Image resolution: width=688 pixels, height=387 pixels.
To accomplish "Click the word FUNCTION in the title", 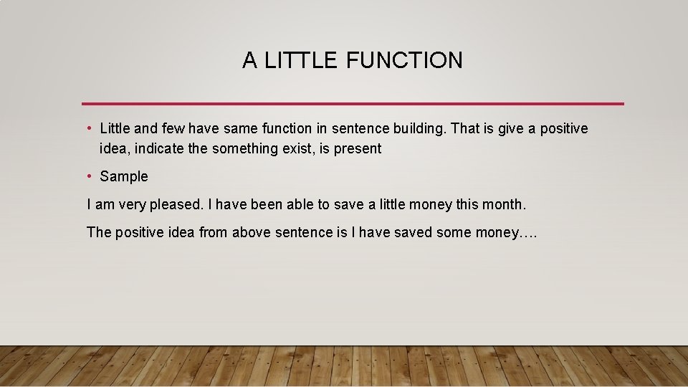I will [404, 60].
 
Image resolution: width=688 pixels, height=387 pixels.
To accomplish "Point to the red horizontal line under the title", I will [353, 104].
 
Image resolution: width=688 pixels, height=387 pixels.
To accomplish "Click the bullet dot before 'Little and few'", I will [89, 128].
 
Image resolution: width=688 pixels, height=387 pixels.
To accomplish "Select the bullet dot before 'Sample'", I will [89, 176].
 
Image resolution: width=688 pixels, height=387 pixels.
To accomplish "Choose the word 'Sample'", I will [124, 176].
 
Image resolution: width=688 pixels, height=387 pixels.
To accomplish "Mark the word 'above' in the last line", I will [251, 232].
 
